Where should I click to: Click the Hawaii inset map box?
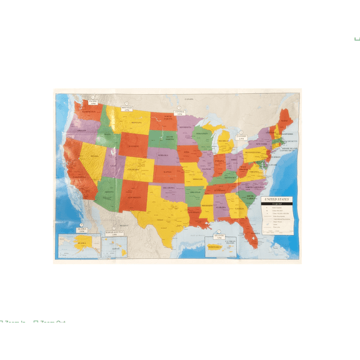[x=114, y=245]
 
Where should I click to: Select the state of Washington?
[x=88, y=113]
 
